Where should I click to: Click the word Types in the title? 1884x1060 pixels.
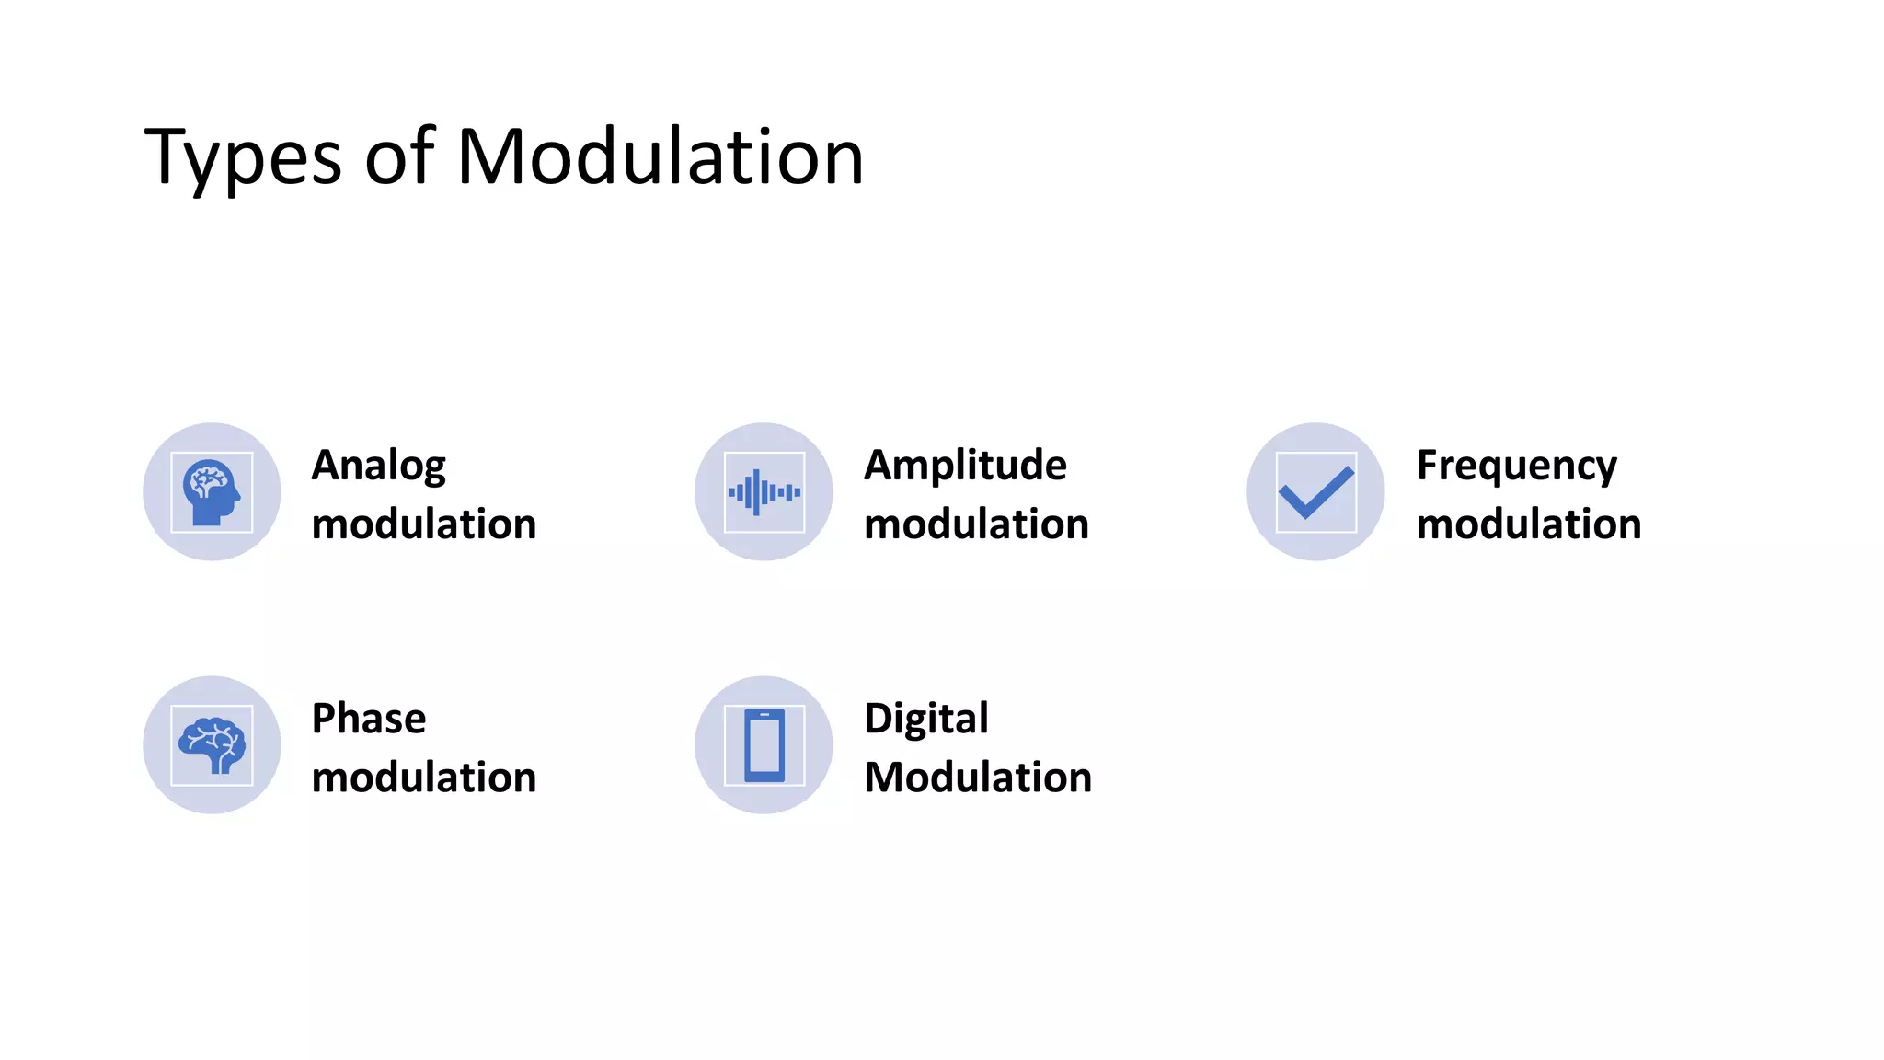(x=243, y=158)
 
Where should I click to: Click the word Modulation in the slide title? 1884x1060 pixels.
(x=660, y=156)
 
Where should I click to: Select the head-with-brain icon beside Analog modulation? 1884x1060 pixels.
(x=212, y=492)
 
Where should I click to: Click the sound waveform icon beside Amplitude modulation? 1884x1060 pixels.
(x=764, y=492)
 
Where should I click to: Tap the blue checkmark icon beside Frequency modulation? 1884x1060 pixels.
(x=1315, y=492)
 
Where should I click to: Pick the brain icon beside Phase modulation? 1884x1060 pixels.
(x=212, y=745)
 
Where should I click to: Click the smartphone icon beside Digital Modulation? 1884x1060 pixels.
(x=764, y=745)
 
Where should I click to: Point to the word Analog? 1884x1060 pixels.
(x=379, y=466)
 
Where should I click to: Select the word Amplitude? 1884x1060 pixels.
(x=965, y=465)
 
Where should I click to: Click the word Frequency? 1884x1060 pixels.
(x=1516, y=466)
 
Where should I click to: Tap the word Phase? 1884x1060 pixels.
(x=369, y=719)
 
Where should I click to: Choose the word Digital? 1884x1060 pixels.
(x=926, y=719)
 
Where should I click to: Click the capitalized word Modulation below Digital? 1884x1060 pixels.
(x=978, y=778)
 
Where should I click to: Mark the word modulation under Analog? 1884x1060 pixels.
(x=424, y=524)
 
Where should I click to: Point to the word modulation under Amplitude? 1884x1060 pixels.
(x=976, y=524)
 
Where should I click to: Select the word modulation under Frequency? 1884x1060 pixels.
(x=1529, y=524)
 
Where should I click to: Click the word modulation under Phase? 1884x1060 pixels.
(x=424, y=778)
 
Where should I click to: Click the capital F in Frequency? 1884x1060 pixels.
(x=1429, y=465)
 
